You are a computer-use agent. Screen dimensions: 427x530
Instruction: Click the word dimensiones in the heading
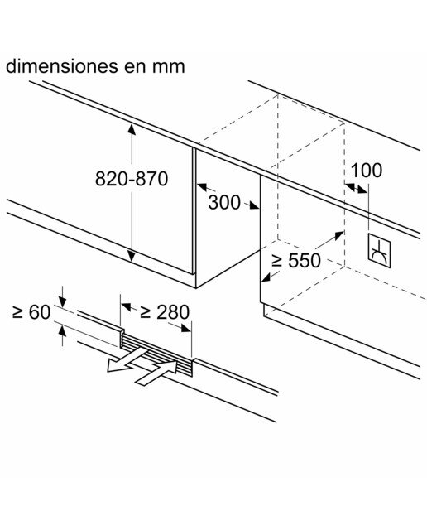pyautogui.click(x=62, y=66)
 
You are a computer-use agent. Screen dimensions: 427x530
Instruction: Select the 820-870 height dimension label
pyautogui.click(x=132, y=179)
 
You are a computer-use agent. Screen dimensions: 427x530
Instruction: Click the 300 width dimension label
pyautogui.click(x=224, y=202)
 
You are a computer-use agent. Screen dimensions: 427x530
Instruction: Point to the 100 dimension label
pyautogui.click(x=367, y=171)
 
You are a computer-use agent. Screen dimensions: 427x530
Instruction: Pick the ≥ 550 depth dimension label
pyautogui.click(x=296, y=260)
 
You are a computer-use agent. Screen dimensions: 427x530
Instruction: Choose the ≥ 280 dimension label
pyautogui.click(x=165, y=312)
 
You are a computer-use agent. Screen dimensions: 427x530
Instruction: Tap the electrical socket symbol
pyautogui.click(x=379, y=251)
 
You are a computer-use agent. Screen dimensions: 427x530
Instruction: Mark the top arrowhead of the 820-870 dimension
pyautogui.click(x=132, y=129)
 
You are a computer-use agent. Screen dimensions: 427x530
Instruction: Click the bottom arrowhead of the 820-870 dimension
pyautogui.click(x=132, y=257)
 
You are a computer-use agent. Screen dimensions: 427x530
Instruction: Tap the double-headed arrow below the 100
pyautogui.click(x=356, y=188)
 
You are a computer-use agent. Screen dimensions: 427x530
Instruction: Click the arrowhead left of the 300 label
pyautogui.click(x=202, y=186)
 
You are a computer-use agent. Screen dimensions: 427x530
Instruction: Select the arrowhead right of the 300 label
pyautogui.click(x=254, y=205)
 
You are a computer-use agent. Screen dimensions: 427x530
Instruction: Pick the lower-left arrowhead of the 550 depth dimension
pyautogui.click(x=266, y=277)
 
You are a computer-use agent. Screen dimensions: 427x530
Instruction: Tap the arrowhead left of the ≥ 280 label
pyautogui.click(x=127, y=306)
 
